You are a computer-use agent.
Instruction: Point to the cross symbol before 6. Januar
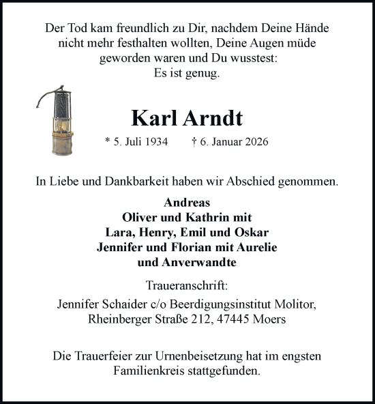point(195,143)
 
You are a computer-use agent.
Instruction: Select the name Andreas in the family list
point(187,203)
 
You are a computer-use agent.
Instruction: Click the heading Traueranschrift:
point(187,285)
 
